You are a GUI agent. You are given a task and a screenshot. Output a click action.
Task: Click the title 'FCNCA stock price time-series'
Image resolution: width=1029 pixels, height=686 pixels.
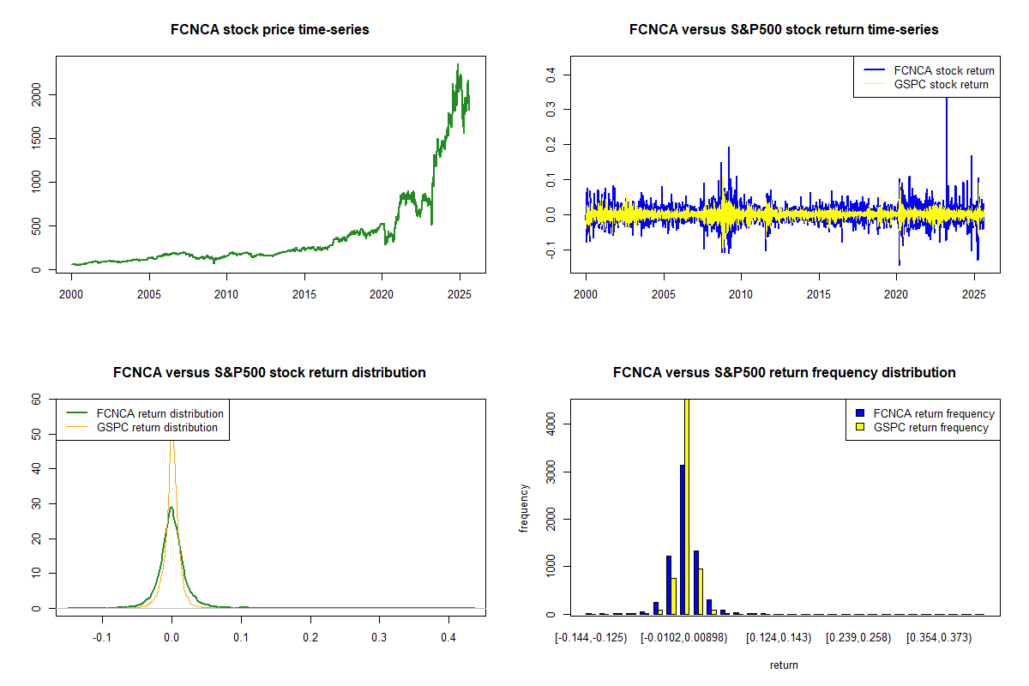click(x=270, y=30)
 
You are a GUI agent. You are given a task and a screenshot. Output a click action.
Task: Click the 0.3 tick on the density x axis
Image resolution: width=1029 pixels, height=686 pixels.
click(x=379, y=639)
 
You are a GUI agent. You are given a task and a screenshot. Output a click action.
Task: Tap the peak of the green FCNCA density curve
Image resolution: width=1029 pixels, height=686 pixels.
click(x=171, y=508)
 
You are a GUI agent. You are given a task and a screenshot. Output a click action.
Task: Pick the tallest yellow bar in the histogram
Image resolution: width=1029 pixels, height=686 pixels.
click(x=687, y=506)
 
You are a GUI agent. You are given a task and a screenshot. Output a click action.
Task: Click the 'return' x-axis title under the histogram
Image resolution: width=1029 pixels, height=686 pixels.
click(x=784, y=665)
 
